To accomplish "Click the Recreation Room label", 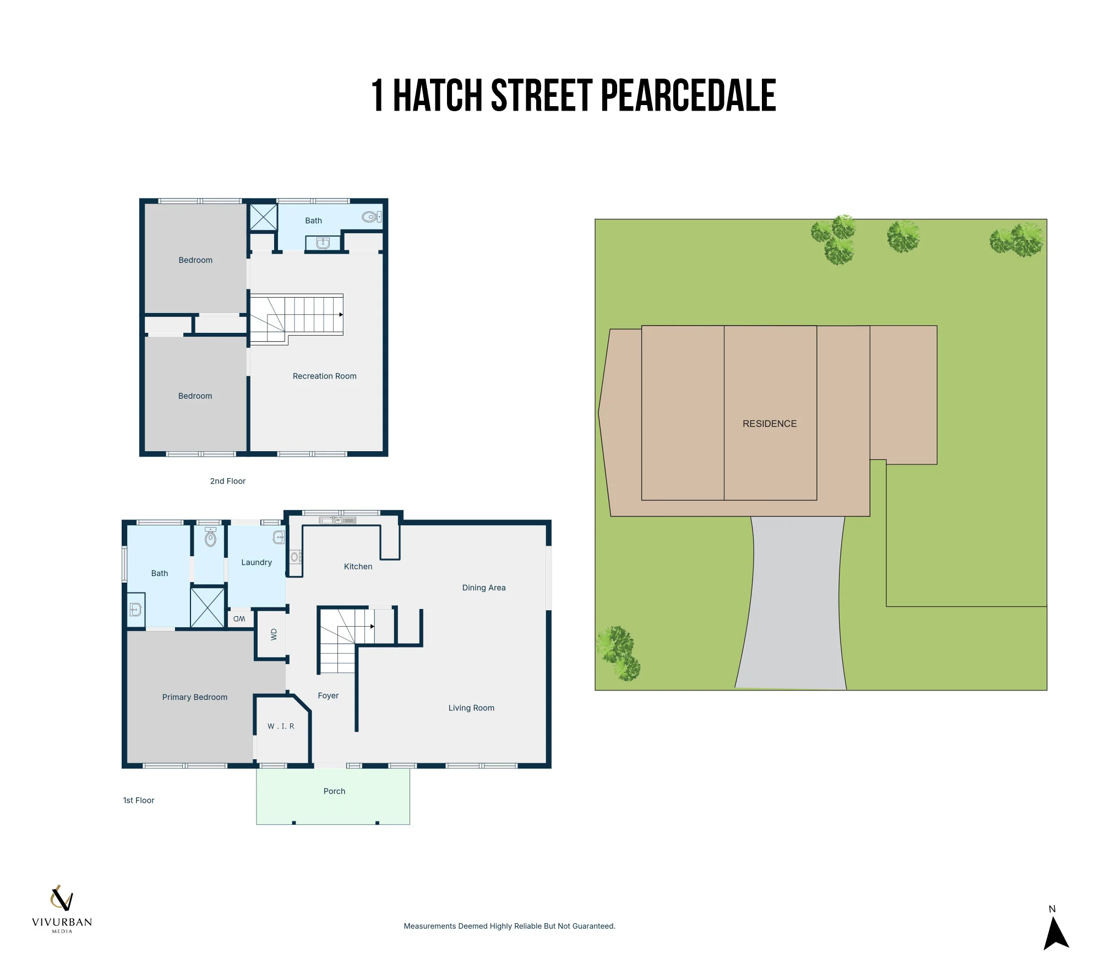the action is [324, 376].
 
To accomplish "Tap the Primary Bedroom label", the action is [194, 697].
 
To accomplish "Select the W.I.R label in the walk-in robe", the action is [281, 726].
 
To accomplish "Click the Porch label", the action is [334, 791].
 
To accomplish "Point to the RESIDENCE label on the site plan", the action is [770, 424].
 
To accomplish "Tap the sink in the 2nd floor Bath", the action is [323, 243].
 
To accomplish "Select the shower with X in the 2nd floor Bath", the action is [264, 217].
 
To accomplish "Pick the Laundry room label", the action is [257, 562].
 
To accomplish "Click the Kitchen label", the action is [358, 567].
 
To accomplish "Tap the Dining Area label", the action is [484, 588].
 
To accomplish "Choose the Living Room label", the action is [471, 708].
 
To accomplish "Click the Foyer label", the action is [328, 696].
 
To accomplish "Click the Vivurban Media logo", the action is [62, 909].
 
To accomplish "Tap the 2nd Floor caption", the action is [227, 481].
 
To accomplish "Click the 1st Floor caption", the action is [139, 800].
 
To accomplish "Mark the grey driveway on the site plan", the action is [793, 603].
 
